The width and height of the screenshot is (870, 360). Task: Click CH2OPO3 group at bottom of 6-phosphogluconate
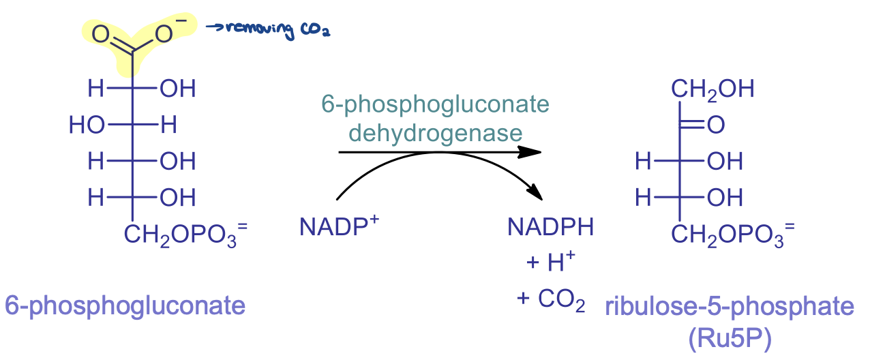pyautogui.click(x=181, y=235)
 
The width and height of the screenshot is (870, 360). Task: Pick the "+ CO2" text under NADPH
pyautogui.click(x=551, y=300)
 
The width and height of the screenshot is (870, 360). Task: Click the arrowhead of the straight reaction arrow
pyautogui.click(x=532, y=153)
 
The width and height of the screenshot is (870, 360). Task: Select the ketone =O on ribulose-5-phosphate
pyautogui.click(x=715, y=125)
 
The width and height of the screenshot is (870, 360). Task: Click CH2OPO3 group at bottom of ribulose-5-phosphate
pyautogui.click(x=727, y=235)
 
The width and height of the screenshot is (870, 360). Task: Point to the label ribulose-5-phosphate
pyautogui.click(x=729, y=307)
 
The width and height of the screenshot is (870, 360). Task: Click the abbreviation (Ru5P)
pyautogui.click(x=729, y=338)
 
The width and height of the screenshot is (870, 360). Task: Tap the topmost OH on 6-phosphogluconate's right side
pyautogui.click(x=177, y=89)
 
